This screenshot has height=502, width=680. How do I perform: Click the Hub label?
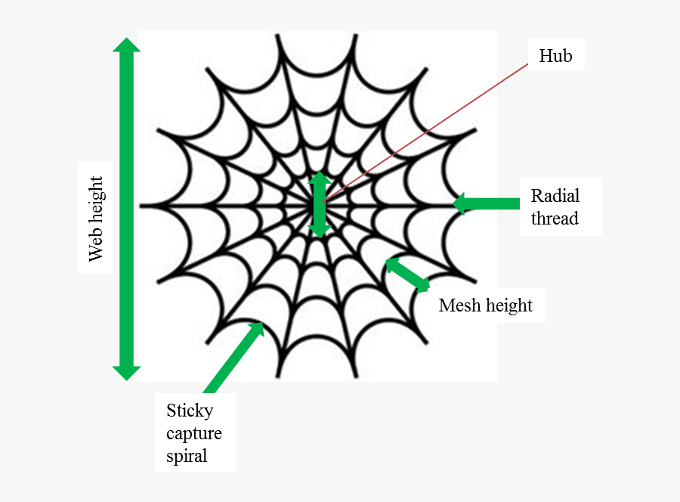click(555, 56)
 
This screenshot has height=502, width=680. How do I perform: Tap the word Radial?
click(555, 196)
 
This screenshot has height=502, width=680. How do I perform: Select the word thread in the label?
click(555, 218)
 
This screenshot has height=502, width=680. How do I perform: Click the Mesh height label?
click(485, 305)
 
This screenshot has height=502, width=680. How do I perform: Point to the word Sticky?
click(190, 411)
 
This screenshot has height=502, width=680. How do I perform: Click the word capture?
click(194, 433)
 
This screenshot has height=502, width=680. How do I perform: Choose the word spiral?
click(187, 456)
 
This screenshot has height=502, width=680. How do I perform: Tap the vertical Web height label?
click(95, 218)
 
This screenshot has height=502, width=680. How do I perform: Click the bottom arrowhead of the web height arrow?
click(126, 372)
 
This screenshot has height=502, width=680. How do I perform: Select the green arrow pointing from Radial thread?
click(487, 203)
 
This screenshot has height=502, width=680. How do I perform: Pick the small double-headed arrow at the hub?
click(320, 205)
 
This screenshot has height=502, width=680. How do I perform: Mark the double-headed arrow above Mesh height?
click(407, 274)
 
